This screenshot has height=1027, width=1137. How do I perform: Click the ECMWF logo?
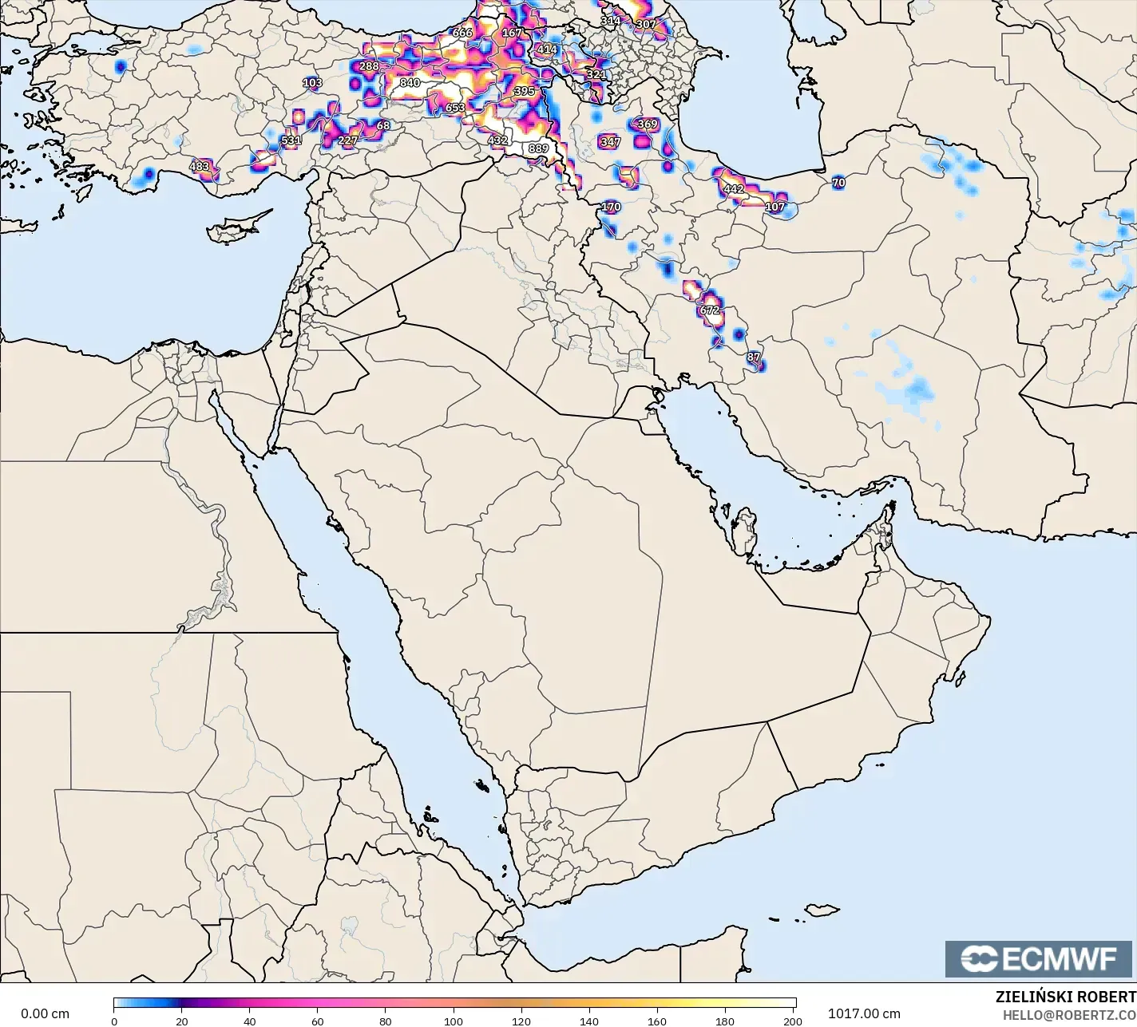[x=1039, y=958]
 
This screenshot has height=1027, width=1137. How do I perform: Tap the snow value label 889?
[x=538, y=148]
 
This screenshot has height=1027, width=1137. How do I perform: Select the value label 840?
[x=410, y=83]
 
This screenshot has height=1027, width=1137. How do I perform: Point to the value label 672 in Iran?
[x=710, y=310]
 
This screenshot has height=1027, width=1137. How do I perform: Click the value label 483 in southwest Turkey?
[x=200, y=167]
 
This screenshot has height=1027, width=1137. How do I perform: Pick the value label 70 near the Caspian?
[x=838, y=183]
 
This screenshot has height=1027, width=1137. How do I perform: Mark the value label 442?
[x=733, y=190]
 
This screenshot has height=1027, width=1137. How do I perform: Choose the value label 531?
[x=291, y=140]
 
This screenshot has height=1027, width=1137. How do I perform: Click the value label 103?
[x=312, y=83]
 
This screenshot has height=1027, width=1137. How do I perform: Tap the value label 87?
[x=754, y=357]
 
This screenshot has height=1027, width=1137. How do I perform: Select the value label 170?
[x=611, y=207]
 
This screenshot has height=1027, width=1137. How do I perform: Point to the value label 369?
[x=648, y=124]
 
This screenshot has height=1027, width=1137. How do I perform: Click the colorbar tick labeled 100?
[x=454, y=1021]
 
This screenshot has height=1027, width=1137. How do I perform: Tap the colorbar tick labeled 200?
[x=793, y=1021]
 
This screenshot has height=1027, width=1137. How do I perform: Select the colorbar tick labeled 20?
[x=182, y=1021]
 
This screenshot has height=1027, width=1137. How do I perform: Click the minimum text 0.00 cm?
[x=46, y=1013]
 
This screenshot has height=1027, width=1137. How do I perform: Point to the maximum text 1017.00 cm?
[x=865, y=1013]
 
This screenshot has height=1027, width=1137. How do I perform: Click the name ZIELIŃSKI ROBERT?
[x=1065, y=997]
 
